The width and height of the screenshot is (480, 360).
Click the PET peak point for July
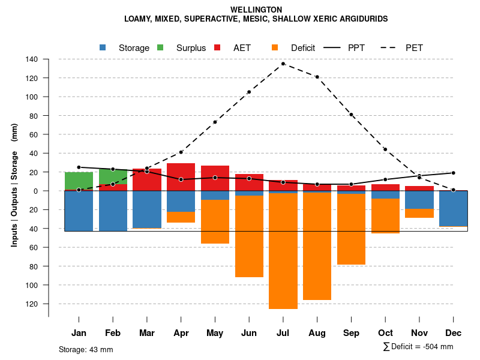tap(283, 64)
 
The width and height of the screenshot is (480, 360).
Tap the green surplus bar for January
tap(79, 181)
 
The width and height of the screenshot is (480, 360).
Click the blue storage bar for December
tap(453, 208)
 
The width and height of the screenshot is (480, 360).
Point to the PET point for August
tap(317, 77)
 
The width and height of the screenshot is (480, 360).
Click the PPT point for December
tap(453, 173)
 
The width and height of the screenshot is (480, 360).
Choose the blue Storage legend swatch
tap(103, 47)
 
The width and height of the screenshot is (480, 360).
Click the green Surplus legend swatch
tap(160, 47)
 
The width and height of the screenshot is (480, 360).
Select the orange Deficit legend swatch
tap(275, 47)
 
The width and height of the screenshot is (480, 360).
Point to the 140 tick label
tap(32, 59)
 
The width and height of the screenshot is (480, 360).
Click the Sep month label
tap(352, 333)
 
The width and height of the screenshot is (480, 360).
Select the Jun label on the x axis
tap(249, 333)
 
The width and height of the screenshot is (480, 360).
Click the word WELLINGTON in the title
tap(256, 10)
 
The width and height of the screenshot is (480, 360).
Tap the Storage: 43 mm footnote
tap(86, 349)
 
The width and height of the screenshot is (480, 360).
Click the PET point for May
tap(215, 122)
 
